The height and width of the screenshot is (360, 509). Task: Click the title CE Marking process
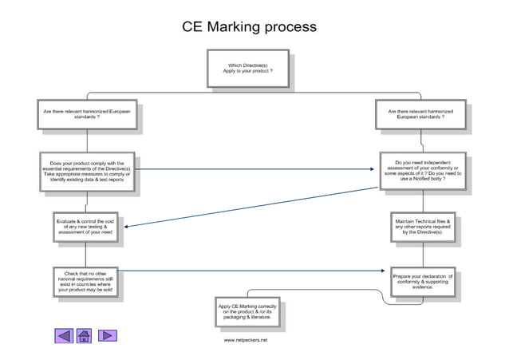tap(250, 27)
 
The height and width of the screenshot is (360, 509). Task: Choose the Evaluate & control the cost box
tap(88, 225)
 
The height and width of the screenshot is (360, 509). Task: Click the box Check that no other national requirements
tap(88, 282)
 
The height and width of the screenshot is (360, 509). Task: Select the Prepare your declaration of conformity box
tap(422, 282)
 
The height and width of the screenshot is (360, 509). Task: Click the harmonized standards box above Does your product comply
tap(87, 114)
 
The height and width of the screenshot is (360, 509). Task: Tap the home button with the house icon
tap(85, 335)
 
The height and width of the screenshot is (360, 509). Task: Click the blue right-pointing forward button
tap(106, 335)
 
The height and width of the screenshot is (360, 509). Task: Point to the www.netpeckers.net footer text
tap(245, 340)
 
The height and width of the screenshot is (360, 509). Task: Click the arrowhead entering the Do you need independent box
tap(377, 169)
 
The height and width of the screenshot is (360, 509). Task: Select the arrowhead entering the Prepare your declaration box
tap(388, 272)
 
